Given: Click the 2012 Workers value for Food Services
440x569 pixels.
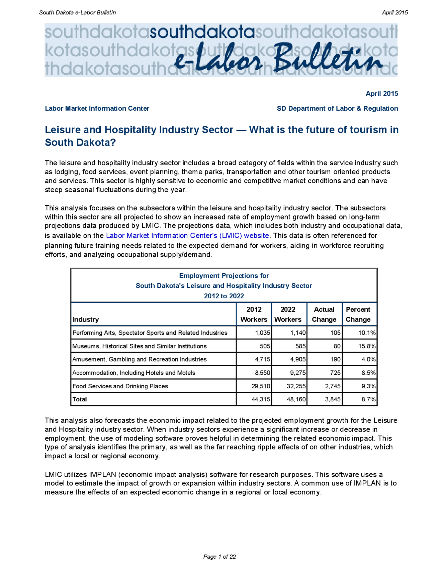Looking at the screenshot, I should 261,386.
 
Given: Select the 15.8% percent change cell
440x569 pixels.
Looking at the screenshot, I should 367,346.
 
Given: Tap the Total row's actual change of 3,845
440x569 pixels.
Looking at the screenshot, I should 333,399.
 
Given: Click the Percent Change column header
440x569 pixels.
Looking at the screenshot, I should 358,314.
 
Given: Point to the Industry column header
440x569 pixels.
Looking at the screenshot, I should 86,319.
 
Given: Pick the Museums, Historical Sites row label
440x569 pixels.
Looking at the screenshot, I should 140,346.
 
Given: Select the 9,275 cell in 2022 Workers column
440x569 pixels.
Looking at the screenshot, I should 296,372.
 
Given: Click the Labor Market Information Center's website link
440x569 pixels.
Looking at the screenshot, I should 187,235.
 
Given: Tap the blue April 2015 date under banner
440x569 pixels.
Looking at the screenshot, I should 382,93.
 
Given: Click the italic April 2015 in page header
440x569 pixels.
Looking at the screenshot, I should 395,12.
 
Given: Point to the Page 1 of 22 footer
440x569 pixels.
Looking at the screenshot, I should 220,557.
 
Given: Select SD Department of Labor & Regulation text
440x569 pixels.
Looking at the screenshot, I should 337,108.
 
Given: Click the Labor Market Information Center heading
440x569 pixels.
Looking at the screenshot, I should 97,108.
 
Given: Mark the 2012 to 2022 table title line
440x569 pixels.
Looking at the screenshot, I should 224,296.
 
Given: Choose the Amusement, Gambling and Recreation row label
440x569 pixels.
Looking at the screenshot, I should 140,359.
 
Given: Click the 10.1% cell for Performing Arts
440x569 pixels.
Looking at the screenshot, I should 367,333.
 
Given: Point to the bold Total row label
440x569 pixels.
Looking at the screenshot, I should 80,399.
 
